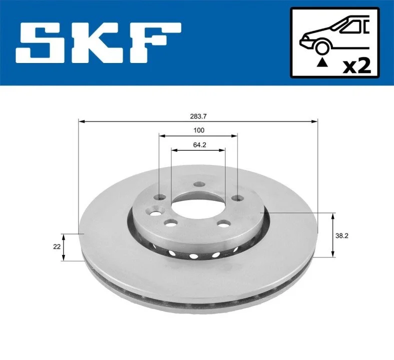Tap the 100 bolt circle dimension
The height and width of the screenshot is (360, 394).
pyautogui.click(x=199, y=130)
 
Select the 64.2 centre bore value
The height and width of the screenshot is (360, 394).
pyautogui.click(x=200, y=145)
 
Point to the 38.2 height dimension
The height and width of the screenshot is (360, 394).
pyautogui.click(x=342, y=235)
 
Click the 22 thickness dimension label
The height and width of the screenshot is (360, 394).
pyautogui.click(x=57, y=246)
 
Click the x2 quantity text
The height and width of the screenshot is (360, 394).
pyautogui.click(x=357, y=66)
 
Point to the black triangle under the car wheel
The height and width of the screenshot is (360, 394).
pyautogui.click(x=322, y=62)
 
